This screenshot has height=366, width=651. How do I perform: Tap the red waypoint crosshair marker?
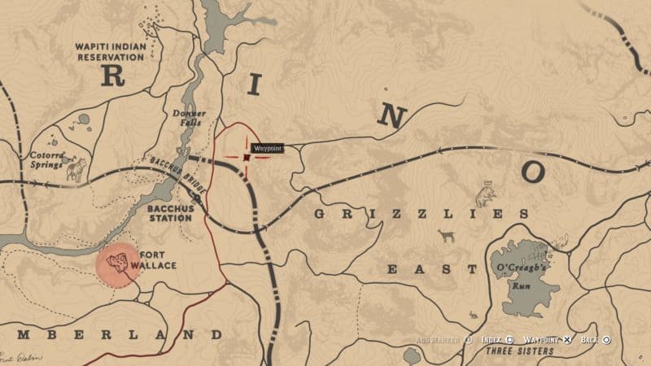(x=246, y=157)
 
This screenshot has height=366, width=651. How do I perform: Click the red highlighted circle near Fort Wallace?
(x=118, y=265)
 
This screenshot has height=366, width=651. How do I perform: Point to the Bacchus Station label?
(x=170, y=213)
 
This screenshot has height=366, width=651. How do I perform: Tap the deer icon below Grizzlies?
(x=445, y=236)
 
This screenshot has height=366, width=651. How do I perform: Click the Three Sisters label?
(x=518, y=351)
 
